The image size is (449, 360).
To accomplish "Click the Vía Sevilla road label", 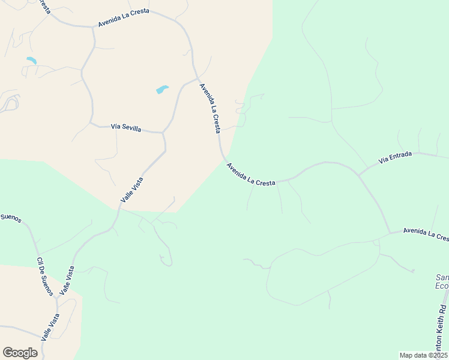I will pos(126,128).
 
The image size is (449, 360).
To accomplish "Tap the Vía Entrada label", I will pos(395,158).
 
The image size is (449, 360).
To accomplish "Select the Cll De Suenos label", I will pos(45,277).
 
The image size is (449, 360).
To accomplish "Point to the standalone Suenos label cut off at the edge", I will pos(11,217).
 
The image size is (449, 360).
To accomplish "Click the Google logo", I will pos(20,353).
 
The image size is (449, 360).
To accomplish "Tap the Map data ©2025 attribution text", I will pos(423,355).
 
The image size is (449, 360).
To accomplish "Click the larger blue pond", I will pos(162,90).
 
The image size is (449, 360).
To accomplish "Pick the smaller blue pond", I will pos(31,61).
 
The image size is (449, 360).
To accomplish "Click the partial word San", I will pos(442,278).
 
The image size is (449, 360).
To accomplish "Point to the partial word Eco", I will pos(442,286).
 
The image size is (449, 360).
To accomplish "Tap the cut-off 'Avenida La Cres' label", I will pos(426,234).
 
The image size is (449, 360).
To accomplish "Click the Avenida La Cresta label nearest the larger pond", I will pos(210,108).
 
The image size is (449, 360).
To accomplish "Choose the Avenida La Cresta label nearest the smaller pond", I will pos(124,18).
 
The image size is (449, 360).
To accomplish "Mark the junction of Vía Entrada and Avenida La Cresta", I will pos(359,174).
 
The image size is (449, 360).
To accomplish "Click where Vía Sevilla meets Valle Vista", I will pos(163,133).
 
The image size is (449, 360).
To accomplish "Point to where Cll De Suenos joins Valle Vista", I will pos(57,299).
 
